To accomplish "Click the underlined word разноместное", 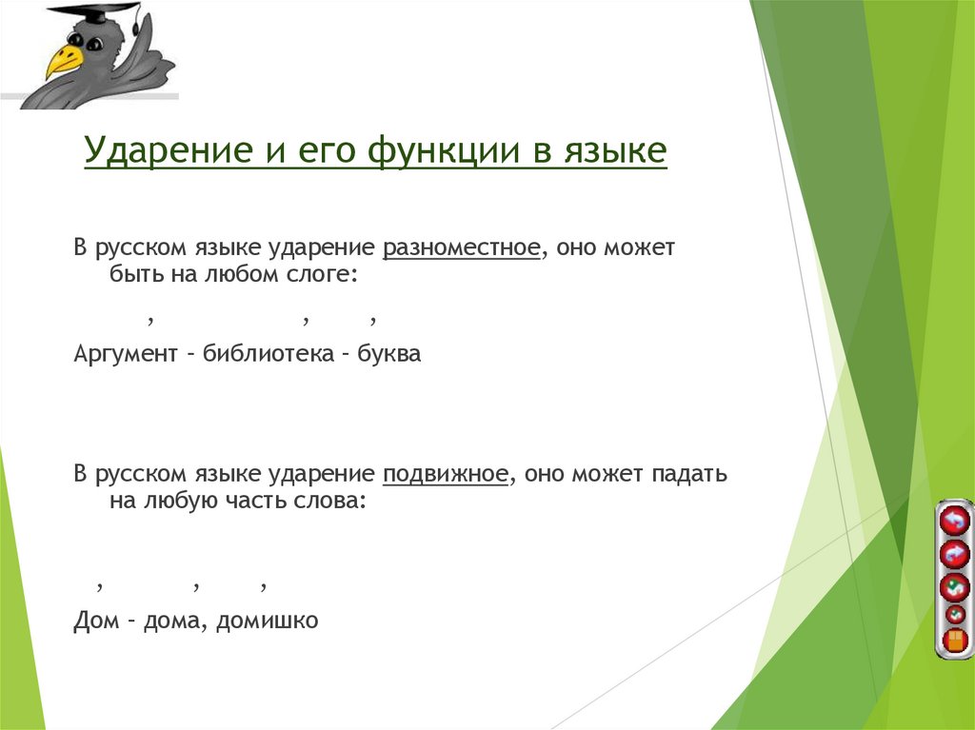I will click(462, 248).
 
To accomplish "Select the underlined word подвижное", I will click(445, 474).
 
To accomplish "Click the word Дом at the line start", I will click(94, 621).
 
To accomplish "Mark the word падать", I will click(689, 474).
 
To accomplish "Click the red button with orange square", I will click(954, 640).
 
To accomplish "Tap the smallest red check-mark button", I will click(954, 614).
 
